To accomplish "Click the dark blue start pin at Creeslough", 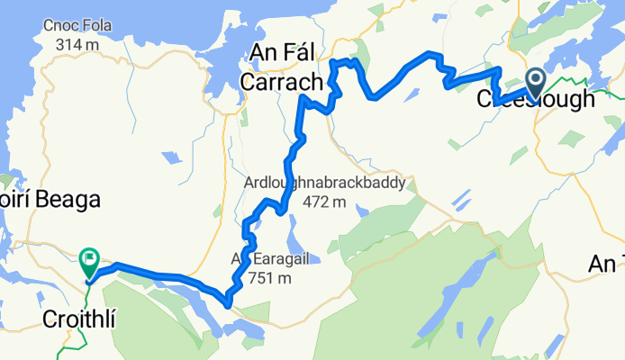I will (535, 84).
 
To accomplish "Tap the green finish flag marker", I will (89, 262).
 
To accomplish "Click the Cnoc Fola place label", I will (75, 27).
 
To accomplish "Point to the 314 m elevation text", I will (75, 45).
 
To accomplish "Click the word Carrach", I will (282, 83).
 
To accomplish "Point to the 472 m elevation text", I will (324, 202).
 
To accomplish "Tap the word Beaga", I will (63, 200).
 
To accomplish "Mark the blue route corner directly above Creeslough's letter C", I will (498, 69).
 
